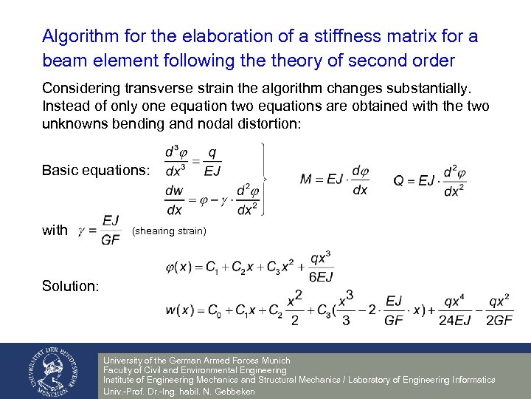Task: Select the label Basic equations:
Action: coord(96,171)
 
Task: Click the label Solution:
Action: coord(70,285)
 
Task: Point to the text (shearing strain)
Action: coord(169,231)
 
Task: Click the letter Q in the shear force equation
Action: coord(399,178)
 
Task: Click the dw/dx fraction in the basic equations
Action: coord(174,199)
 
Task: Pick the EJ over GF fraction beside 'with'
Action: coord(111,231)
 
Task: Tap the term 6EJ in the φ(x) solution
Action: coord(321,277)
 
